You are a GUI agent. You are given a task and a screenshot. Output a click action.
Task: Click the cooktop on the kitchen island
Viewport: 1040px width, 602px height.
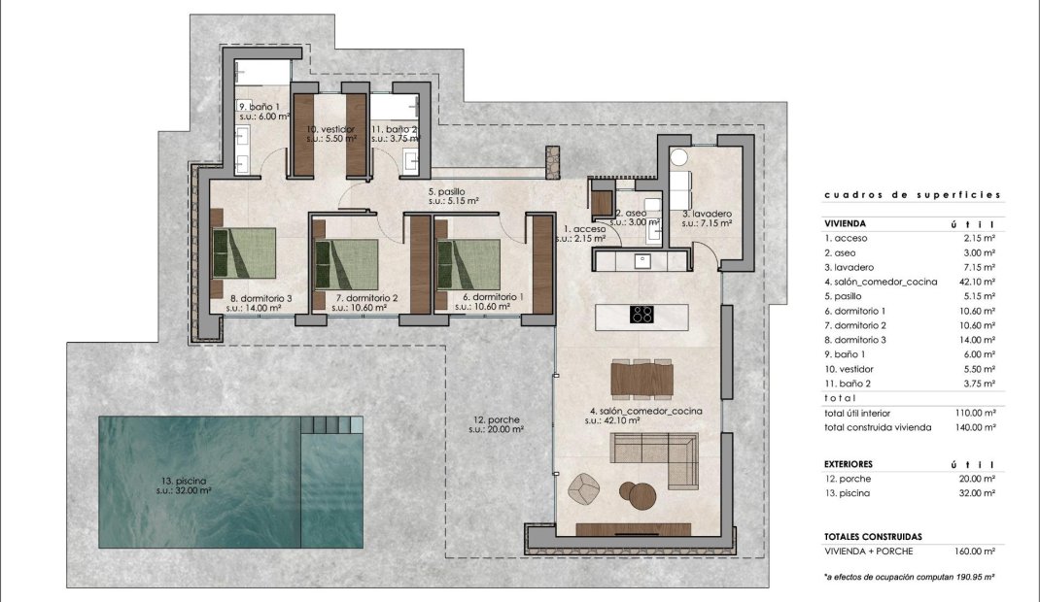coord(641,314)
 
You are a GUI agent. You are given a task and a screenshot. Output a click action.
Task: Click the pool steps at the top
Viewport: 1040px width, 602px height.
coord(330,426)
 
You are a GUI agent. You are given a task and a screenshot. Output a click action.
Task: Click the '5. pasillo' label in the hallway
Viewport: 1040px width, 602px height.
coord(454,192)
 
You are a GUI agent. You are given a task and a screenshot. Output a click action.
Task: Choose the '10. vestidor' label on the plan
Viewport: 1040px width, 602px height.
coord(330,128)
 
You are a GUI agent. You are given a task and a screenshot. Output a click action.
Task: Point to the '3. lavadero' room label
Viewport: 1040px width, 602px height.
coord(706,214)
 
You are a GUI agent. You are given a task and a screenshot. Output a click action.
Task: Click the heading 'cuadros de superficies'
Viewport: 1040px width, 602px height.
coord(911,195)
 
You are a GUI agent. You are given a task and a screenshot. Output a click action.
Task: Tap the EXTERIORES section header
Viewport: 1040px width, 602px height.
coord(849,464)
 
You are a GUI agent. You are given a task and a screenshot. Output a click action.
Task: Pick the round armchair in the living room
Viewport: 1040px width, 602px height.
coord(584,487)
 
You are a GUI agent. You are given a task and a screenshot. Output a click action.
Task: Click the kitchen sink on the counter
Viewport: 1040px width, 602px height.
coord(642,260)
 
